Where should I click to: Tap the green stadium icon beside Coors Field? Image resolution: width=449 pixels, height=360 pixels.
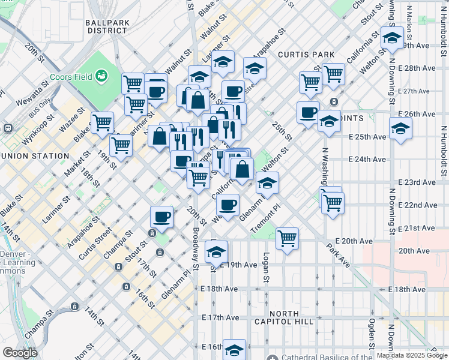coord(102,76)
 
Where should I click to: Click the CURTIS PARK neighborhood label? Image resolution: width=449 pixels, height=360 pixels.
coord(306,55)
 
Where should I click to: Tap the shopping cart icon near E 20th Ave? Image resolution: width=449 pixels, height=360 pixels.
coord(287,238)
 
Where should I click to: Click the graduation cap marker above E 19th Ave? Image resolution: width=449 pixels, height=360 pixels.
coord(216,251)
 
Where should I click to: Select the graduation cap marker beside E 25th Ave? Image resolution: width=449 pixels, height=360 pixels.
coord(400,128)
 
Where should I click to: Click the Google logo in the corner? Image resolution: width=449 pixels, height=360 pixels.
coord(19,352)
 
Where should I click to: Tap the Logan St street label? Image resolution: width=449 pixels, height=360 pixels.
coord(265,266)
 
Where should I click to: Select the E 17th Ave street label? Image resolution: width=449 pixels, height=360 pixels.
coord(221,317)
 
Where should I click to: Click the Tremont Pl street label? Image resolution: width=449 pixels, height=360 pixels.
coord(265,217)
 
